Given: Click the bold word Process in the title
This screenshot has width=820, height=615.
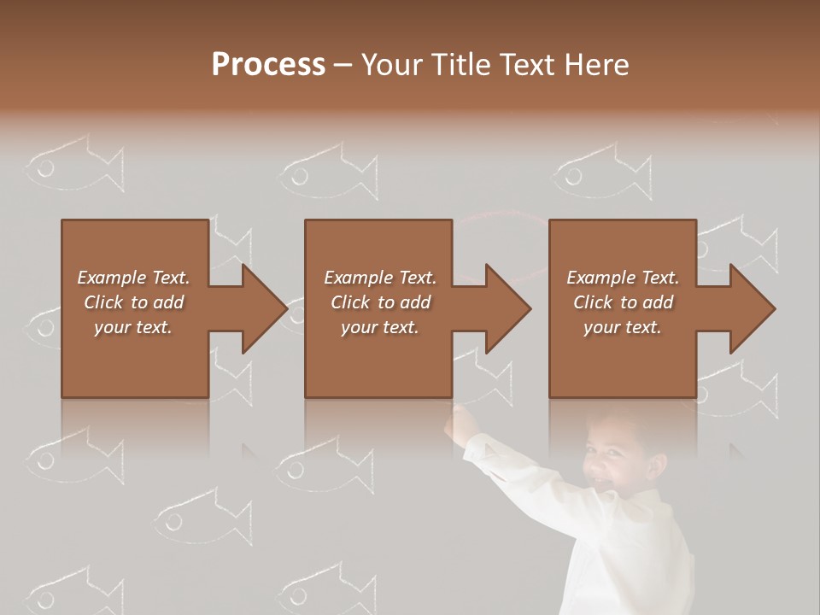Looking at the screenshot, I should [268, 64].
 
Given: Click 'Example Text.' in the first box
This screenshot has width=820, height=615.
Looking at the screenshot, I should [133, 278].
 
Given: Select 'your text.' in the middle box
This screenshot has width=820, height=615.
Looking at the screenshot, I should [379, 327].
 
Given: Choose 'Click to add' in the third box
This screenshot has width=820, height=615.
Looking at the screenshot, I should [624, 302].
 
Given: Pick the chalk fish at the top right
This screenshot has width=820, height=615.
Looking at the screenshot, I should [601, 173].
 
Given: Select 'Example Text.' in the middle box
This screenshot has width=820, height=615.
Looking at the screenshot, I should [379, 278].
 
